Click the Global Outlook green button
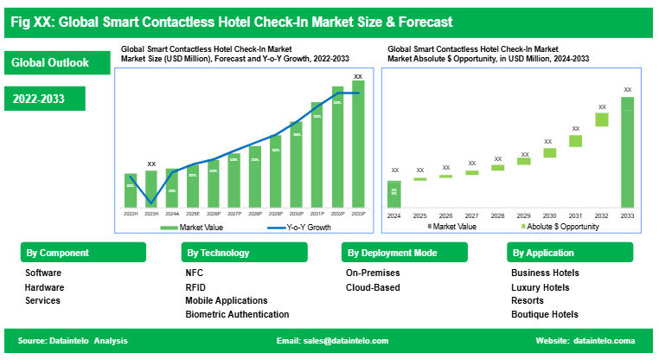coord(58,63)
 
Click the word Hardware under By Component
coord(44,287)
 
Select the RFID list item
coord(195,287)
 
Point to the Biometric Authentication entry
coord(237,315)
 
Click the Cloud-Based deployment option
coord(373,287)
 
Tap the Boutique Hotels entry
coord(545,315)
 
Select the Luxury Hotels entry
coord(541,287)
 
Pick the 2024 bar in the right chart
coord(393,194)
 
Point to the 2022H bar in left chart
coord(131,190)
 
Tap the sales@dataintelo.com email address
coord(344,341)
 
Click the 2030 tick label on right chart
coord(549,215)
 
